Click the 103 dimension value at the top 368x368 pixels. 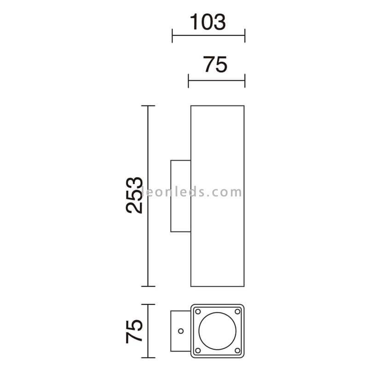[208, 22]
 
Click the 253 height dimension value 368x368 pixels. [134, 195]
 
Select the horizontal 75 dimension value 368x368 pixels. [215, 64]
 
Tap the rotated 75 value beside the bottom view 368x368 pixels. [134, 331]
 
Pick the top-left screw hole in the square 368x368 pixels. [198, 311]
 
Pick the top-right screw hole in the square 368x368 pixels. [237, 311]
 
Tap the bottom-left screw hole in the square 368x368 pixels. [198, 351]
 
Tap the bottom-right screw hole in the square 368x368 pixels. [237, 351]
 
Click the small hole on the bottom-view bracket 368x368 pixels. [181, 331]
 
